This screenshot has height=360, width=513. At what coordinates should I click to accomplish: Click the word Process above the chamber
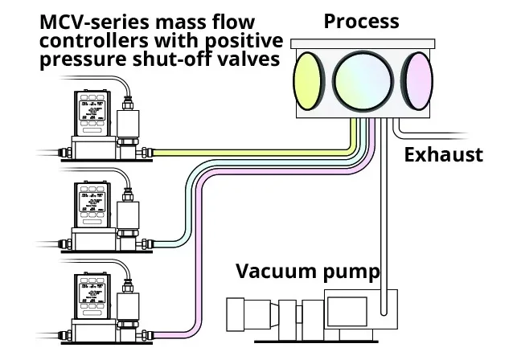[362, 22]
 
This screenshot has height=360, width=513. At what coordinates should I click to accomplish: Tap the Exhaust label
[444, 153]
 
